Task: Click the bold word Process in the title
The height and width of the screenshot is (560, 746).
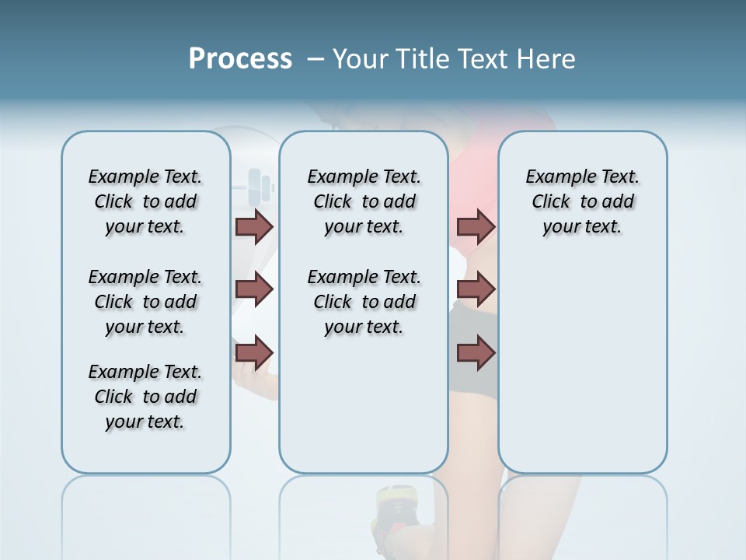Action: coord(240,58)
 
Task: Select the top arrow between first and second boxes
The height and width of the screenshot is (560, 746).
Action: coord(254,227)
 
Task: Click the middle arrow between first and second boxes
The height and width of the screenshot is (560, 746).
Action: coord(254,290)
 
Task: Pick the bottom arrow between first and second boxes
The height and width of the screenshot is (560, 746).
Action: coord(254,352)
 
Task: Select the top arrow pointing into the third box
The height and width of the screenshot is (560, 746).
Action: coord(476,227)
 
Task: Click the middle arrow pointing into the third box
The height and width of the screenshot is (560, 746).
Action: coord(476,290)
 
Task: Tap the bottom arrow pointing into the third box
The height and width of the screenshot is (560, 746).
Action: coord(476,352)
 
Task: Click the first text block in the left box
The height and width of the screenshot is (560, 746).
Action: coord(145,201)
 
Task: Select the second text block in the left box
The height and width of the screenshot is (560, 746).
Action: coord(145,302)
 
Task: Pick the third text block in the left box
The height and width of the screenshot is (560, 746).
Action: coord(145,397)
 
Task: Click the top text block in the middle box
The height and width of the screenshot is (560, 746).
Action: coord(364,201)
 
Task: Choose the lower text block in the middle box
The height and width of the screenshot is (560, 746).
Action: coord(364,302)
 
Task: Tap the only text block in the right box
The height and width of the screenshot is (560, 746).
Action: coord(582,201)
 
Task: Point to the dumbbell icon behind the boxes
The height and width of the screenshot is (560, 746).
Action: coord(260,185)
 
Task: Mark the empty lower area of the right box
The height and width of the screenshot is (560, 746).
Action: coord(582,366)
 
